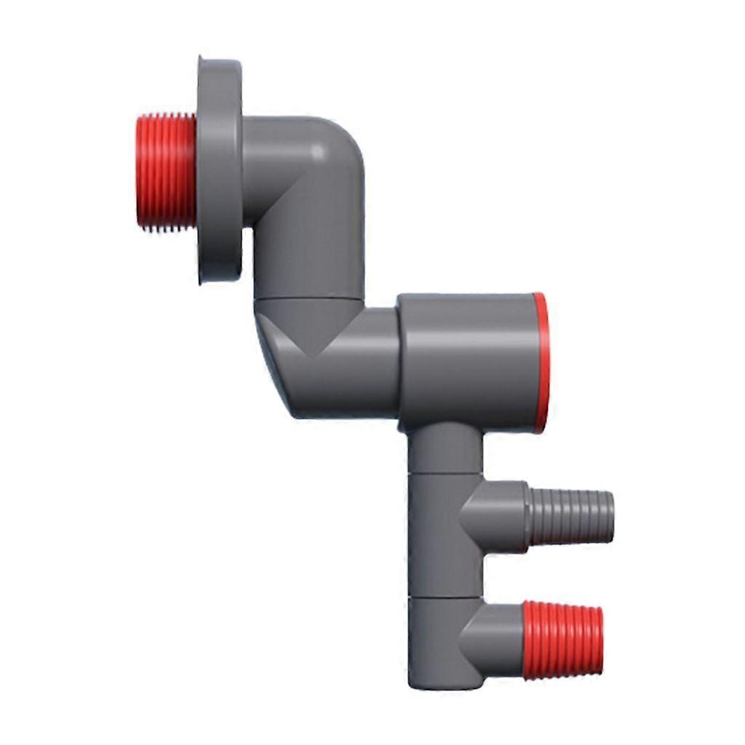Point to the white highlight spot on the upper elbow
coord(318,151)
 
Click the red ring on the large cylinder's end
coord(539,362)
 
